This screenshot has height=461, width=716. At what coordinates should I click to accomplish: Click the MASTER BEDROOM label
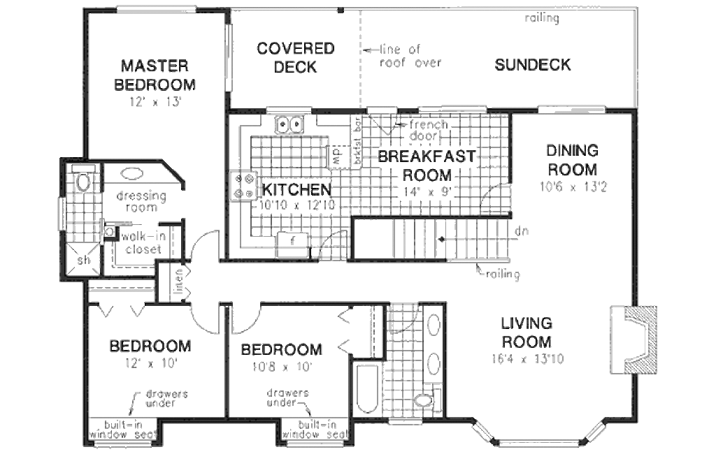[154, 75]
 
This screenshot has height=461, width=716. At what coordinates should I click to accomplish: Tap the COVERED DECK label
[295, 58]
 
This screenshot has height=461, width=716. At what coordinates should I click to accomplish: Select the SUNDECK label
[533, 65]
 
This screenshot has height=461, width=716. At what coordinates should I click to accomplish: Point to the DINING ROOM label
[572, 160]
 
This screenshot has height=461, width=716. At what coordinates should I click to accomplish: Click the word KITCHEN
[296, 189]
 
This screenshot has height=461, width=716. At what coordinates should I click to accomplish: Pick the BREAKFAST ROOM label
[426, 166]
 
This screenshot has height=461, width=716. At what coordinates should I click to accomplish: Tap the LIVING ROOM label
[527, 333]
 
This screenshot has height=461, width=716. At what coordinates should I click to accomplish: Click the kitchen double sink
[290, 124]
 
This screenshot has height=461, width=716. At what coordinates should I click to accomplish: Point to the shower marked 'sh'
[83, 261]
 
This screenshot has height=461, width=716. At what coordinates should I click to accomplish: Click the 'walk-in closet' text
[143, 243]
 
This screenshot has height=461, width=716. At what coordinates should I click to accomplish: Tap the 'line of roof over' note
[409, 56]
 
